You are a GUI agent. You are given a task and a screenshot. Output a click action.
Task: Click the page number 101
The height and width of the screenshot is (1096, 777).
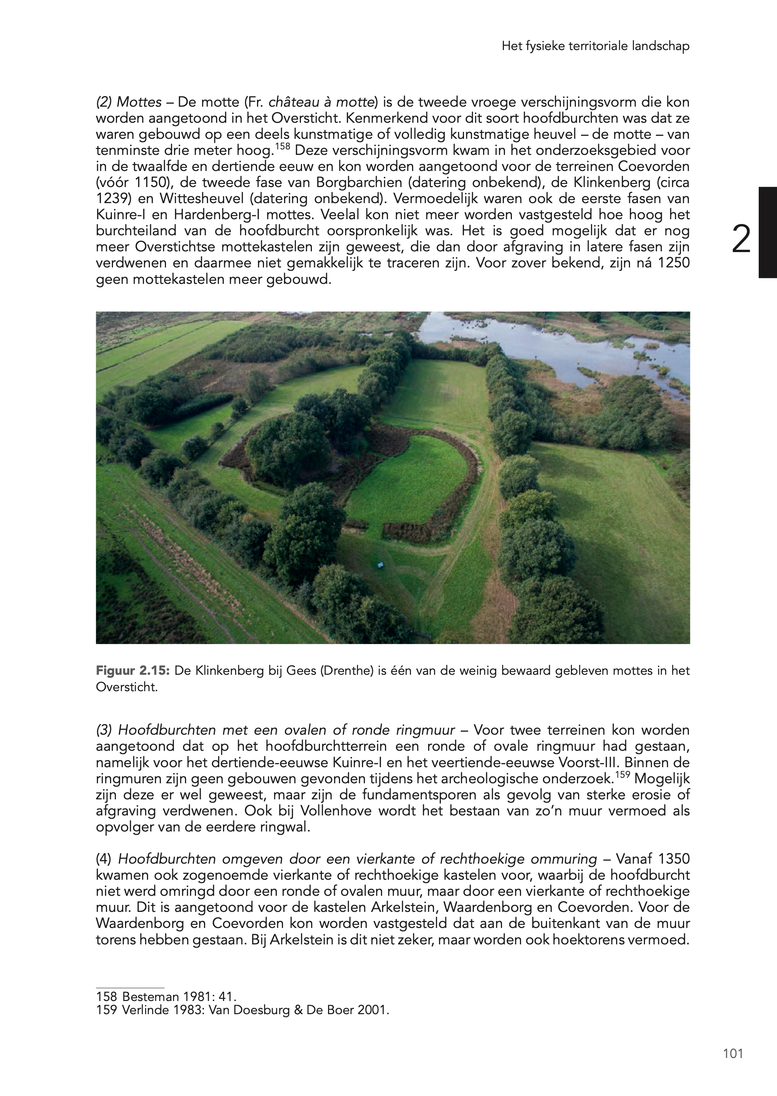point(733,1054)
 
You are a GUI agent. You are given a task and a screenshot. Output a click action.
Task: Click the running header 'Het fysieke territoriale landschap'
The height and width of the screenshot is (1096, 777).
point(595,46)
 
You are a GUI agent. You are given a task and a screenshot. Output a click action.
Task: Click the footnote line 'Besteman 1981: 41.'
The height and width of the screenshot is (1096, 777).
point(166,997)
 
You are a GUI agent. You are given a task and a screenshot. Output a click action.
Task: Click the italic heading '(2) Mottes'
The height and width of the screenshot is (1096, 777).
point(129,102)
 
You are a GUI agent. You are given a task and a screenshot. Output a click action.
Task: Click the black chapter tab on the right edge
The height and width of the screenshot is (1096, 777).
point(767,232)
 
